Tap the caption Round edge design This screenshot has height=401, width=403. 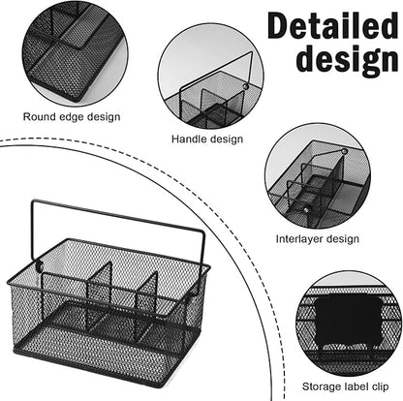(x=72, y=117)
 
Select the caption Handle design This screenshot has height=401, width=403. (x=207, y=139)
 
